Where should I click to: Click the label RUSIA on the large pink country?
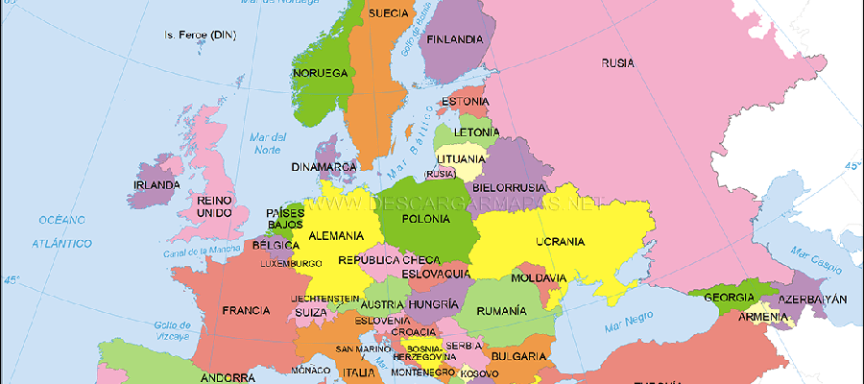tap(617, 64)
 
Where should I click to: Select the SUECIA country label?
tap(389, 13)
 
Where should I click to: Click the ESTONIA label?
tap(466, 102)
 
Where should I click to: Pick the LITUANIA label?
tap(461, 158)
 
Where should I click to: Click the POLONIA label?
tap(425, 219)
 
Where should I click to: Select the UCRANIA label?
tap(560, 241)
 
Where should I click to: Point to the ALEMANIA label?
tap(336, 235)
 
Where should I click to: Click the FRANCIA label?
tap(245, 311)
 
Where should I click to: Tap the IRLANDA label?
tap(156, 185)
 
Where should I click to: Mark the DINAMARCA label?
tap(324, 167)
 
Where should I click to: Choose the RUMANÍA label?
tap(501, 311)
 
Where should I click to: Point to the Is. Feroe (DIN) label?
tap(200, 36)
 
